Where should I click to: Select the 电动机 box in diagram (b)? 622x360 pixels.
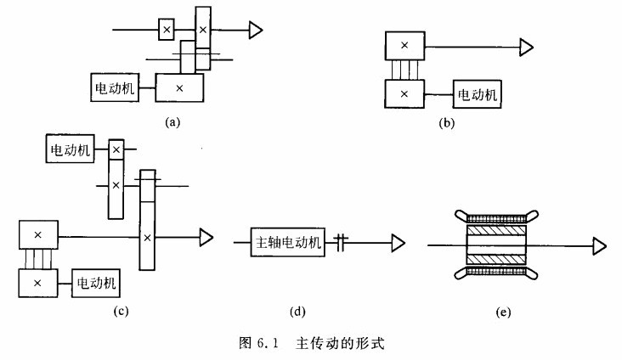point(478,93)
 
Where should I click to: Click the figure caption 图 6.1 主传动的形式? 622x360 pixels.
point(310,345)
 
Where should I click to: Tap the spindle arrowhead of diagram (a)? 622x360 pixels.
point(255,31)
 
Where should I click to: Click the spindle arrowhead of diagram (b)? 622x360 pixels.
point(527,45)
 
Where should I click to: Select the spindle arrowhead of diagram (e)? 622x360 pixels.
point(599,245)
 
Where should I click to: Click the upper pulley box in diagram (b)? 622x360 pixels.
point(404,45)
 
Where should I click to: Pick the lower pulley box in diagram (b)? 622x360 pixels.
point(404,92)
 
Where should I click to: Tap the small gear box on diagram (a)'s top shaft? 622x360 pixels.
point(167,31)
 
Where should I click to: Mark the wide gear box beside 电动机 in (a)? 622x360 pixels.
point(179,87)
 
